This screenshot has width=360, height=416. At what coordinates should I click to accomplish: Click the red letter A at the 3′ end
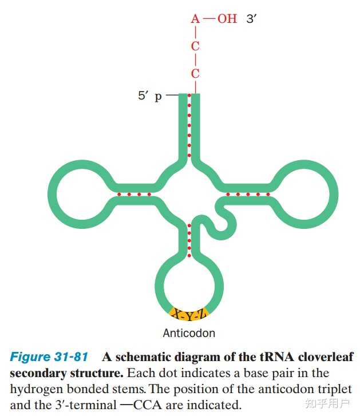(x=196, y=19)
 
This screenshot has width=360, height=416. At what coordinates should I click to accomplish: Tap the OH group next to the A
(x=227, y=19)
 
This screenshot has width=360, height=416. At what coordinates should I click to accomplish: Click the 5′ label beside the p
(x=144, y=96)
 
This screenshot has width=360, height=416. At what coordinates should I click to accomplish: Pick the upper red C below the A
(x=196, y=46)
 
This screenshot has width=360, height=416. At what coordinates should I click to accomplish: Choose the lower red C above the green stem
(x=196, y=74)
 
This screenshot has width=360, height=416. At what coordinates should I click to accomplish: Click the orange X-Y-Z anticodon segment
(x=189, y=314)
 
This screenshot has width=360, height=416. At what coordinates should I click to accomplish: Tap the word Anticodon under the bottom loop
(x=189, y=333)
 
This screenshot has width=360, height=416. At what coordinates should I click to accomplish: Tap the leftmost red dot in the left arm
(x=119, y=194)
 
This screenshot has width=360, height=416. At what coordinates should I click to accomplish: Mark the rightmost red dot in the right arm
(x=268, y=194)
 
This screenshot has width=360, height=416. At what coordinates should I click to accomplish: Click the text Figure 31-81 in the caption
(x=49, y=357)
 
